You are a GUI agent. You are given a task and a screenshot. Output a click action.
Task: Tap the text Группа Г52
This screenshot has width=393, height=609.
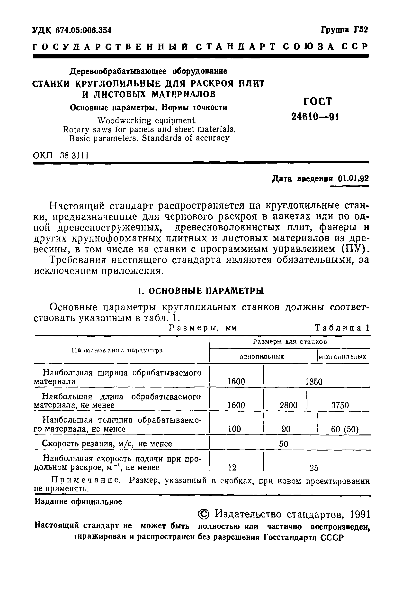(x=344, y=30)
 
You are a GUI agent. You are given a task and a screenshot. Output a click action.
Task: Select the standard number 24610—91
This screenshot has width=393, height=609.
(x=315, y=117)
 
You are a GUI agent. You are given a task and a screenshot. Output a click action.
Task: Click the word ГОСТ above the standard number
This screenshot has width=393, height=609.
(x=317, y=101)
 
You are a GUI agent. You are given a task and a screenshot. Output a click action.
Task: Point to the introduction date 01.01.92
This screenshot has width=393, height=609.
(x=353, y=178)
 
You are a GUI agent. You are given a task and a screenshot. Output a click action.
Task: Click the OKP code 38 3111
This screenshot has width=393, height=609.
(x=74, y=155)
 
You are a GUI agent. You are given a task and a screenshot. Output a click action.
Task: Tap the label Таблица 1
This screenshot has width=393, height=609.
(x=342, y=328)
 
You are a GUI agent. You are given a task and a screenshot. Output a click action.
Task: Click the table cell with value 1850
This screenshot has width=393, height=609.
(x=314, y=382)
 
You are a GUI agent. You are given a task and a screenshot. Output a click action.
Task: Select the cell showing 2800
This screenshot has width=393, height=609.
(x=288, y=405)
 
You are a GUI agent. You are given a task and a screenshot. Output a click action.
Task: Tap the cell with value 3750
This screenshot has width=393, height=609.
(x=340, y=405)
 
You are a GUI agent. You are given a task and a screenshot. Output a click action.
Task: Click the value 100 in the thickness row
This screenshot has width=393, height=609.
(x=234, y=429)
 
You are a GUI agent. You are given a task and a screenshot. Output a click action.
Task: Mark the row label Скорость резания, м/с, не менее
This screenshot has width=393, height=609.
(x=107, y=443)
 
